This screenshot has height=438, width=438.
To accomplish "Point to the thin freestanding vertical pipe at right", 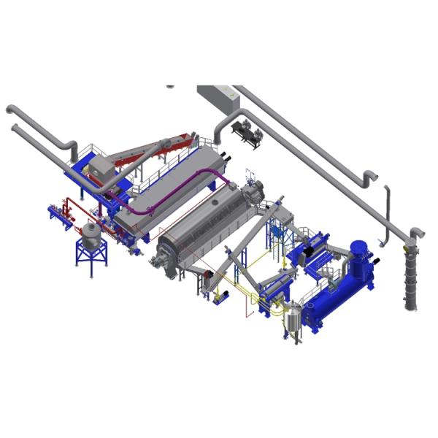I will click(x=386, y=212).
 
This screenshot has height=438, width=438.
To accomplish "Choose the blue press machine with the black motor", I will click(x=310, y=248).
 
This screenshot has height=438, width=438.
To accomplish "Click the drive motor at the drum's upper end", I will click(x=253, y=191).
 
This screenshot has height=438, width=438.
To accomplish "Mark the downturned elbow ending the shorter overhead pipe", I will click(x=370, y=177).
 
